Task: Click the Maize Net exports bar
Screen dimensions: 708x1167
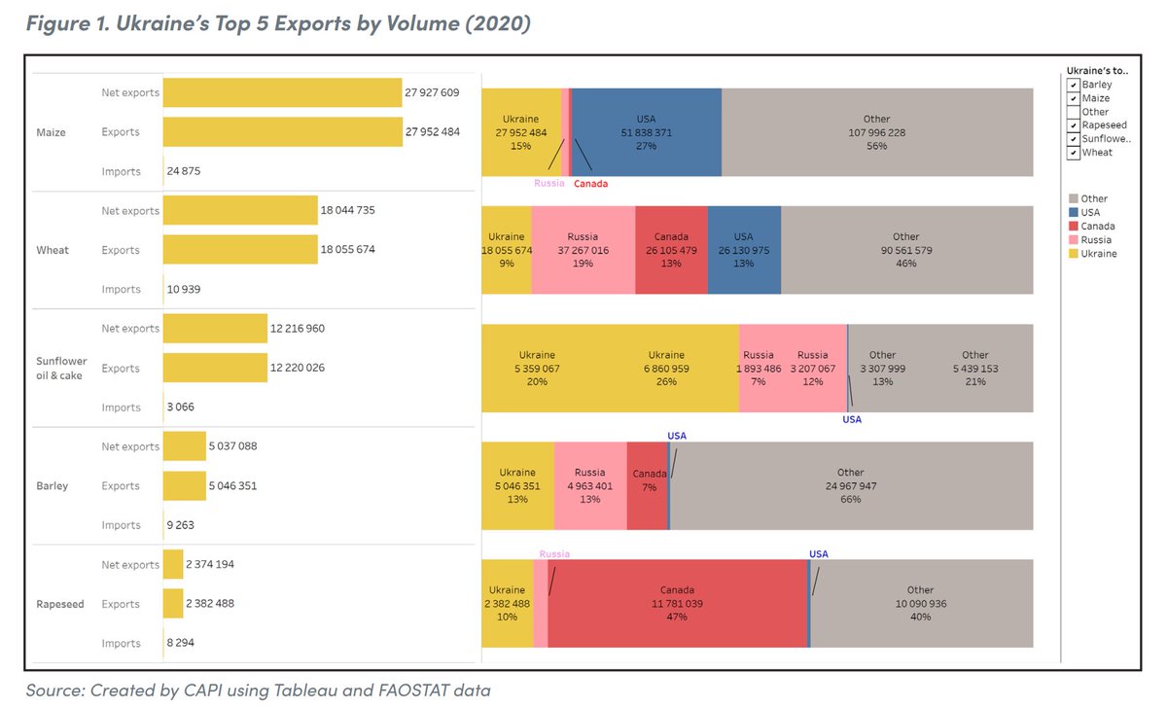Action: click(x=282, y=92)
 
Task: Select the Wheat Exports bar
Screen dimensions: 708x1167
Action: click(x=240, y=250)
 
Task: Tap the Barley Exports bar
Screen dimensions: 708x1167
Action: click(x=185, y=486)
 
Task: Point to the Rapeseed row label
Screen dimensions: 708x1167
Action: click(x=59, y=604)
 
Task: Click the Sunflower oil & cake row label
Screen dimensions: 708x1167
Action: click(x=61, y=369)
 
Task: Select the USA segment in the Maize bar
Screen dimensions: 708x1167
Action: click(x=646, y=132)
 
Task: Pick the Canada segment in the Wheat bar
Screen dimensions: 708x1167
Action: click(x=671, y=250)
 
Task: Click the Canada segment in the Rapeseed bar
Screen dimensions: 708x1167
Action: click(x=677, y=604)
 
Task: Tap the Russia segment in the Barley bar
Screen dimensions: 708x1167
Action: click(x=590, y=486)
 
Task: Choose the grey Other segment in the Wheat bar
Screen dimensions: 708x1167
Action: click(x=906, y=250)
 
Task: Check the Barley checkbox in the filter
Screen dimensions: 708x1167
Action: click(x=1073, y=85)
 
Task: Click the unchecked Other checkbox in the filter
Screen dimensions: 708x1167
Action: click(x=1073, y=112)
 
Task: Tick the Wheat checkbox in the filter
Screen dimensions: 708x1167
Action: click(x=1073, y=153)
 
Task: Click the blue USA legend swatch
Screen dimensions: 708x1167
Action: click(x=1073, y=212)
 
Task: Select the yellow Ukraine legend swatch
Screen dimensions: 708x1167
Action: click(x=1073, y=254)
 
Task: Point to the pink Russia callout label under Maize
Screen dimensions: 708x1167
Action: click(x=549, y=183)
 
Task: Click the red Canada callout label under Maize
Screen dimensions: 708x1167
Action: click(x=590, y=183)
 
